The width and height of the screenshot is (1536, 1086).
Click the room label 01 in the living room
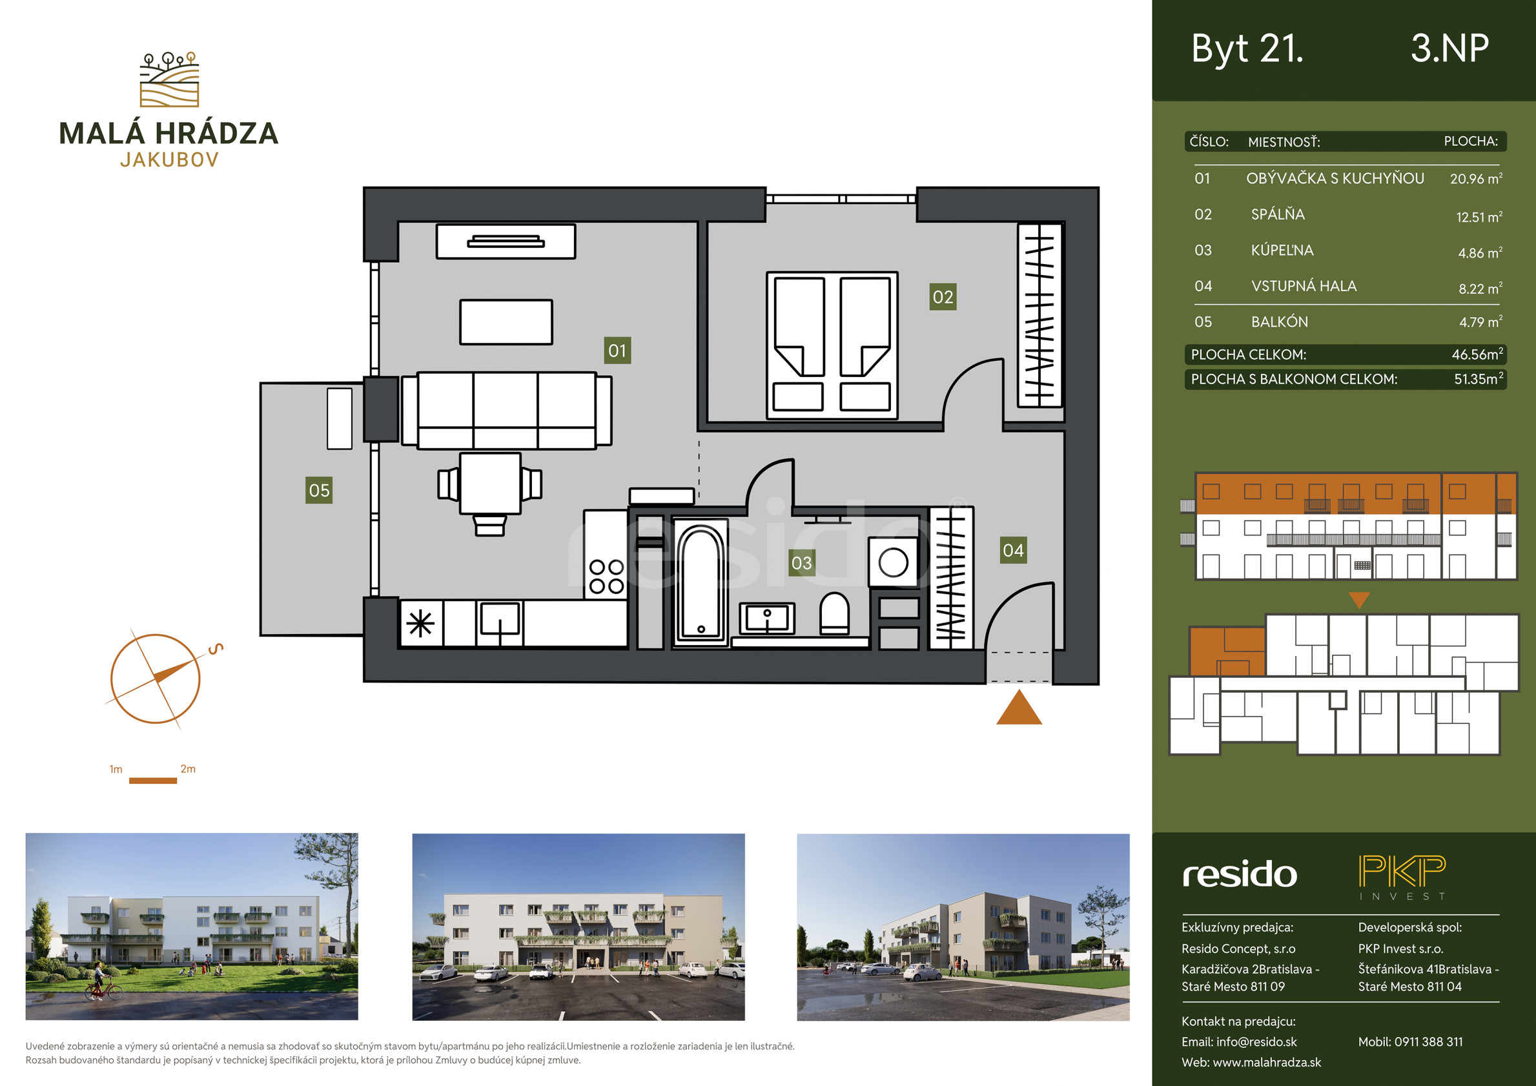[x=617, y=351]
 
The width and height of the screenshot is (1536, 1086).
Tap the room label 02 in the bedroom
[x=943, y=297]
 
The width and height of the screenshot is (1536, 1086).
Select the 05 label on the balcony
[x=319, y=490]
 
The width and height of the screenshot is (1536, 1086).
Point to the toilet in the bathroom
[x=834, y=613]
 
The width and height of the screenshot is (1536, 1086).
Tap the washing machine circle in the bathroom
[x=893, y=562]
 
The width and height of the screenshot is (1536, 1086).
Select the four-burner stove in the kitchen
[x=606, y=577]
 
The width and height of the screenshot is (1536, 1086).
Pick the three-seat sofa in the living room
[x=506, y=409]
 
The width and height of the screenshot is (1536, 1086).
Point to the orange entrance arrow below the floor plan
[x=1019, y=708]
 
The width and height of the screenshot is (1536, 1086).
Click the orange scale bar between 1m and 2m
[x=152, y=780]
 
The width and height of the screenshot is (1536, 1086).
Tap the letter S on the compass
[x=216, y=648]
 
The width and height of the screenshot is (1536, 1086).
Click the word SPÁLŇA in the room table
[x=1278, y=214]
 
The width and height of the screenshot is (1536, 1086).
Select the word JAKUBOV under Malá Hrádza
[x=169, y=160]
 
